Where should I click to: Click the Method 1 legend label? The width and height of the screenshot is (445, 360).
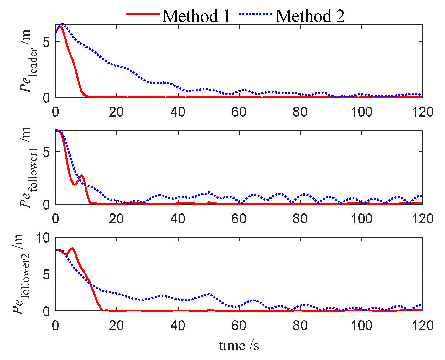click(x=196, y=16)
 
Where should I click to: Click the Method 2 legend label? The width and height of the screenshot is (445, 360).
click(x=310, y=16)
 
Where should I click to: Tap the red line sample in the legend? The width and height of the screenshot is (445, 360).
click(x=142, y=14)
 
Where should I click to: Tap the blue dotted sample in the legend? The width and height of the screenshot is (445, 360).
click(x=255, y=14)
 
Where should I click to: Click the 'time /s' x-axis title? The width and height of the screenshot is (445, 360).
click(x=239, y=346)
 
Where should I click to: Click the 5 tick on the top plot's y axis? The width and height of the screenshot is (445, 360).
click(x=46, y=42)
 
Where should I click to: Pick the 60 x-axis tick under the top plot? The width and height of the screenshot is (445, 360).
click(x=239, y=112)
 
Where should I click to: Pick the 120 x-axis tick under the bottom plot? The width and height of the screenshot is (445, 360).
click(x=422, y=326)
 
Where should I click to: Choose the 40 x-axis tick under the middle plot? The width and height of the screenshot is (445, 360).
click(x=178, y=219)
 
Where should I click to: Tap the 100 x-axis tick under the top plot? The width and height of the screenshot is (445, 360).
click(x=361, y=112)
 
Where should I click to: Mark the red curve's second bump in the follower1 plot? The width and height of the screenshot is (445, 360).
click(x=81, y=175)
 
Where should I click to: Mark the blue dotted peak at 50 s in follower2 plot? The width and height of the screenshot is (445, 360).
click(x=209, y=295)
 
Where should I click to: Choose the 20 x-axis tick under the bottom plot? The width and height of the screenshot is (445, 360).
click(x=116, y=326)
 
